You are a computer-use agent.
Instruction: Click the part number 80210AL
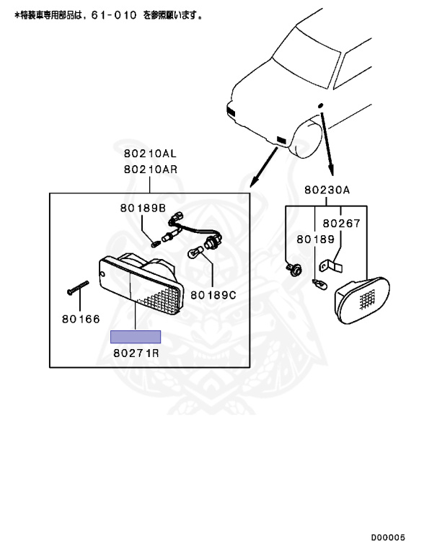(x=150, y=154)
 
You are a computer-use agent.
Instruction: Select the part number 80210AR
(x=151, y=170)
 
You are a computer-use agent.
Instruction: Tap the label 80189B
(x=143, y=208)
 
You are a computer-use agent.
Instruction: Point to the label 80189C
(x=213, y=295)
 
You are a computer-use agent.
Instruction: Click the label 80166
(x=81, y=320)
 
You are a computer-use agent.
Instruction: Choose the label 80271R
(x=136, y=353)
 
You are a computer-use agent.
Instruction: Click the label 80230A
(x=327, y=190)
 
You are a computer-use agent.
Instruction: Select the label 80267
(x=341, y=224)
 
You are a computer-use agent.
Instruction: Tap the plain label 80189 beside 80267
(x=316, y=239)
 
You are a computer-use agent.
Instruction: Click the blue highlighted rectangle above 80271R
(x=136, y=337)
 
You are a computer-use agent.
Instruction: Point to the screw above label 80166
(x=78, y=288)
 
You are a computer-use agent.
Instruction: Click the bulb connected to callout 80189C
(x=195, y=253)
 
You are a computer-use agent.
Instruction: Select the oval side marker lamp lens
(x=363, y=300)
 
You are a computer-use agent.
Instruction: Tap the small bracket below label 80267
(x=331, y=265)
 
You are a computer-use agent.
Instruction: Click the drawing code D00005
(x=388, y=537)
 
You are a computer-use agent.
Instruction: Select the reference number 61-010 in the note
(x=114, y=15)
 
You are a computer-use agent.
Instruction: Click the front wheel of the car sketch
(x=306, y=138)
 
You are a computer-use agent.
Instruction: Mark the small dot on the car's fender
(x=320, y=105)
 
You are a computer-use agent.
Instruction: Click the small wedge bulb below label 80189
(x=318, y=283)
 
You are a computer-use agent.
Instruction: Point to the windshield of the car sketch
(x=306, y=62)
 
